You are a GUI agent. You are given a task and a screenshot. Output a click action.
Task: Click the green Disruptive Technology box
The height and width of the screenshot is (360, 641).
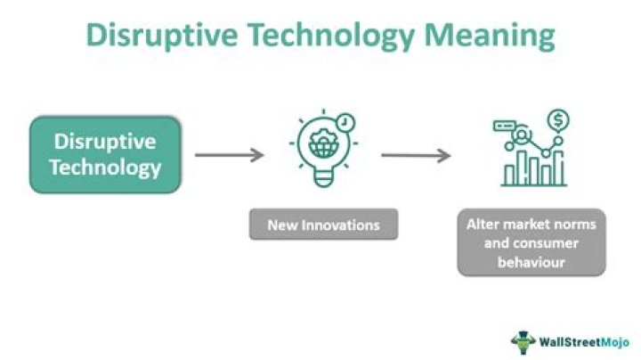[105, 154]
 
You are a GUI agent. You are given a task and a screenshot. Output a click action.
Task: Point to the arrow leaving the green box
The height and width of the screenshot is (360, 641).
[230, 155]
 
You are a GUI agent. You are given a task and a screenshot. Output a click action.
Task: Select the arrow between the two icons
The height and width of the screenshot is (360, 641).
[416, 156]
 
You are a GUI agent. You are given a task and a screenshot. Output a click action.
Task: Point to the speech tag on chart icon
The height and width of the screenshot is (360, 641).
[505, 127]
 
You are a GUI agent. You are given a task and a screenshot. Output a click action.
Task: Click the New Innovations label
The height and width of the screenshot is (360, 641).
[322, 225]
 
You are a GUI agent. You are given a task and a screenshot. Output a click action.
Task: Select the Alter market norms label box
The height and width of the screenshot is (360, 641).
[531, 241]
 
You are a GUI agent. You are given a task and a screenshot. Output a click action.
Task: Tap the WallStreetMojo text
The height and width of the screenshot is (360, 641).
[582, 340]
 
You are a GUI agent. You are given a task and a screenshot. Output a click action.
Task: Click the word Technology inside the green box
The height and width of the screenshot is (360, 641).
[105, 167]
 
